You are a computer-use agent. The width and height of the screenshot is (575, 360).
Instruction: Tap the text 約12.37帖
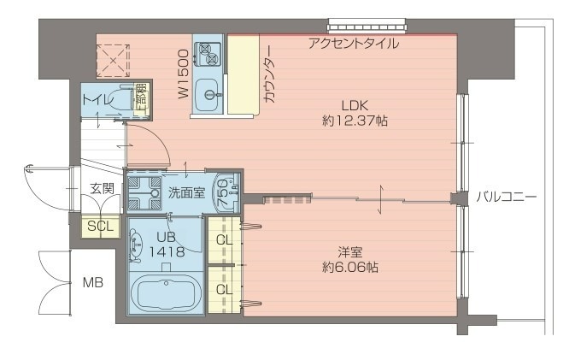(355, 121)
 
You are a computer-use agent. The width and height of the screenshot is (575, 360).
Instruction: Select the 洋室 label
(349, 252)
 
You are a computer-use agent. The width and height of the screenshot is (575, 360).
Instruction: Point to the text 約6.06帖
(350, 268)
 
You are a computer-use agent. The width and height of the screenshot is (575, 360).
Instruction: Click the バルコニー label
(506, 198)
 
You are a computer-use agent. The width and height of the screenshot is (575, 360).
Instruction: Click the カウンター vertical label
(269, 74)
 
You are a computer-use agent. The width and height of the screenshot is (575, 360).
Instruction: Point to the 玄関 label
(101, 188)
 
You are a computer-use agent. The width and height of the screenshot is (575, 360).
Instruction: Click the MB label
(92, 282)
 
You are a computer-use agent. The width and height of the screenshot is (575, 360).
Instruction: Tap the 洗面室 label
(185, 192)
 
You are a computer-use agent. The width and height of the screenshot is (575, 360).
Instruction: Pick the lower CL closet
(225, 289)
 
